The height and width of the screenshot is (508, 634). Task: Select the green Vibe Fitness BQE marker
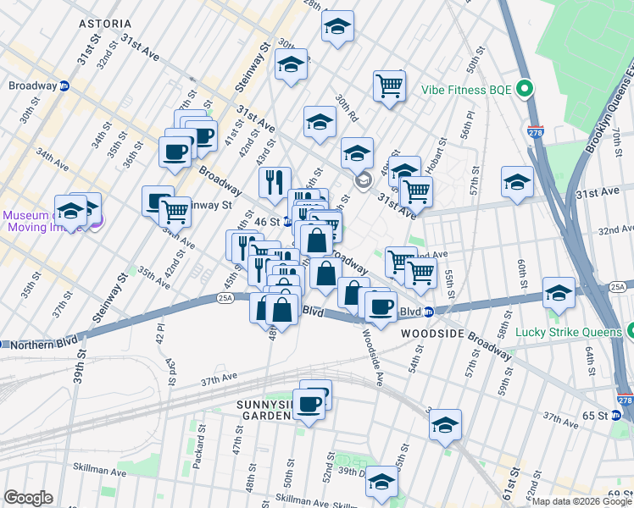tap(525, 88)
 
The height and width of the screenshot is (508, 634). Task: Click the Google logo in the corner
tap(27, 498)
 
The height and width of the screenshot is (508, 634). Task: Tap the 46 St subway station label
tap(269, 222)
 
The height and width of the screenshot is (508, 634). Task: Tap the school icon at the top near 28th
tap(337, 26)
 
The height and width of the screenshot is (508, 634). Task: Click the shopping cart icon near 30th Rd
tap(389, 85)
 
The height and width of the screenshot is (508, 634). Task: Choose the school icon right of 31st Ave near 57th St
tap(517, 180)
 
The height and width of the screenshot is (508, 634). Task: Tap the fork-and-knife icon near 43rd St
tap(274, 181)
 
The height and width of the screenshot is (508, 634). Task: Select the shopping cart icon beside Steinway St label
tap(175, 210)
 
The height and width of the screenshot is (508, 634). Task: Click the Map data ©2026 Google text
tap(581, 501)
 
